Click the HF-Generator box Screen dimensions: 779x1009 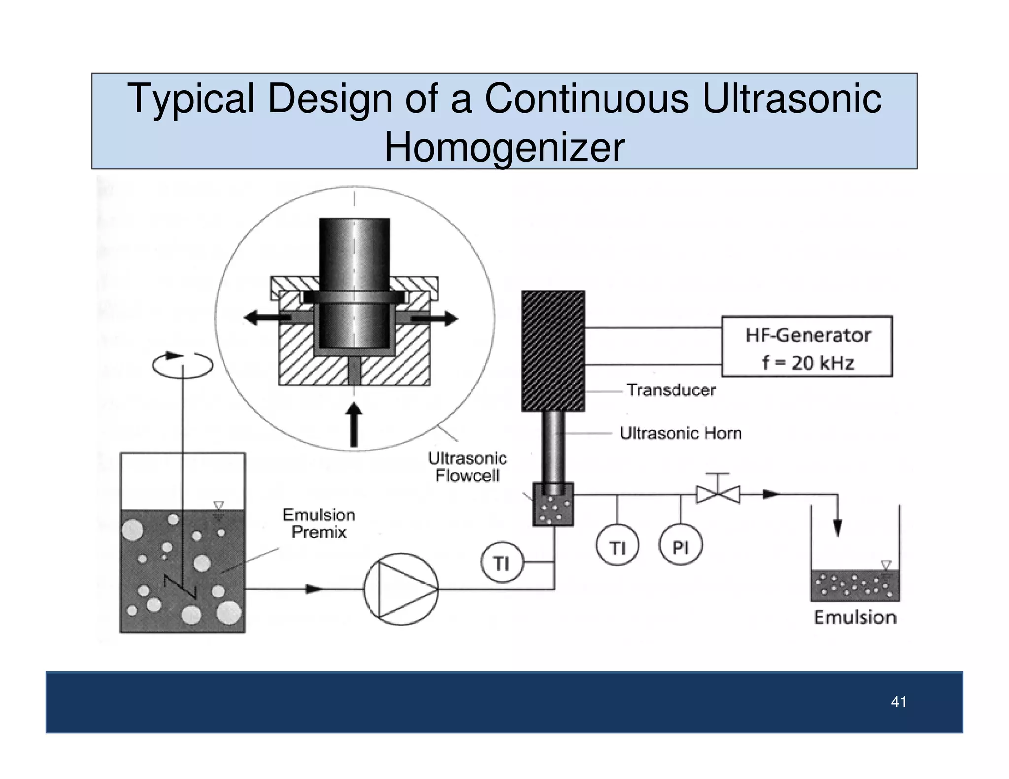point(807,346)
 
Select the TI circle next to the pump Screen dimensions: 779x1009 point(502,562)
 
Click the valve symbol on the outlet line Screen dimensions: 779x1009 point(718,493)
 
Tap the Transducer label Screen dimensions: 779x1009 point(671,390)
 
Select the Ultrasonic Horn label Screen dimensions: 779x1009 point(680,433)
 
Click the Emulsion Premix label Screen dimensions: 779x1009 point(319,523)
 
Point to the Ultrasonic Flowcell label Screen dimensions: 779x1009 point(467,467)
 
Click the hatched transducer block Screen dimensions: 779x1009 point(553,351)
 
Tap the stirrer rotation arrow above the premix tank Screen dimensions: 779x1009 point(183,364)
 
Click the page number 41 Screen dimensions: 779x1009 point(899,702)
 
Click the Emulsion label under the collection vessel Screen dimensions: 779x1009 point(855,617)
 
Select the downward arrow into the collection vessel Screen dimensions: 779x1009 point(837,527)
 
